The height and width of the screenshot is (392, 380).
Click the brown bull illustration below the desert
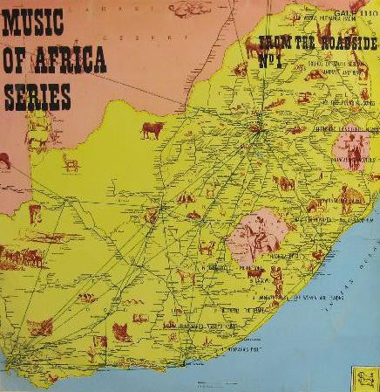(153, 130)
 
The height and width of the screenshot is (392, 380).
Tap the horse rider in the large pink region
(255, 235)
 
